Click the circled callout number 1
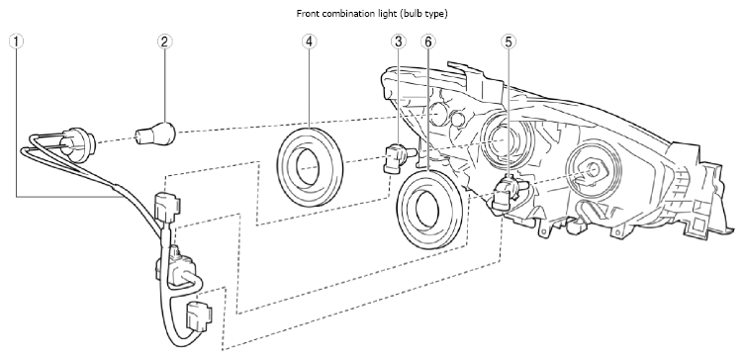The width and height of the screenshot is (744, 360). tap(16, 42)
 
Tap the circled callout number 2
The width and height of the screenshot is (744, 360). tap(164, 42)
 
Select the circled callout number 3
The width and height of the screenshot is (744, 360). tap(399, 42)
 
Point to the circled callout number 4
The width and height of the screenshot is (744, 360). tap(309, 42)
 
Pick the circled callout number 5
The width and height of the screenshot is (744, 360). tap(509, 42)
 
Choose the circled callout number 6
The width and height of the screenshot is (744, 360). tap(427, 42)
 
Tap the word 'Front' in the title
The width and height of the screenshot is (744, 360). tap(307, 14)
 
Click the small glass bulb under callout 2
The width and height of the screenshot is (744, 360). tap(155, 132)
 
